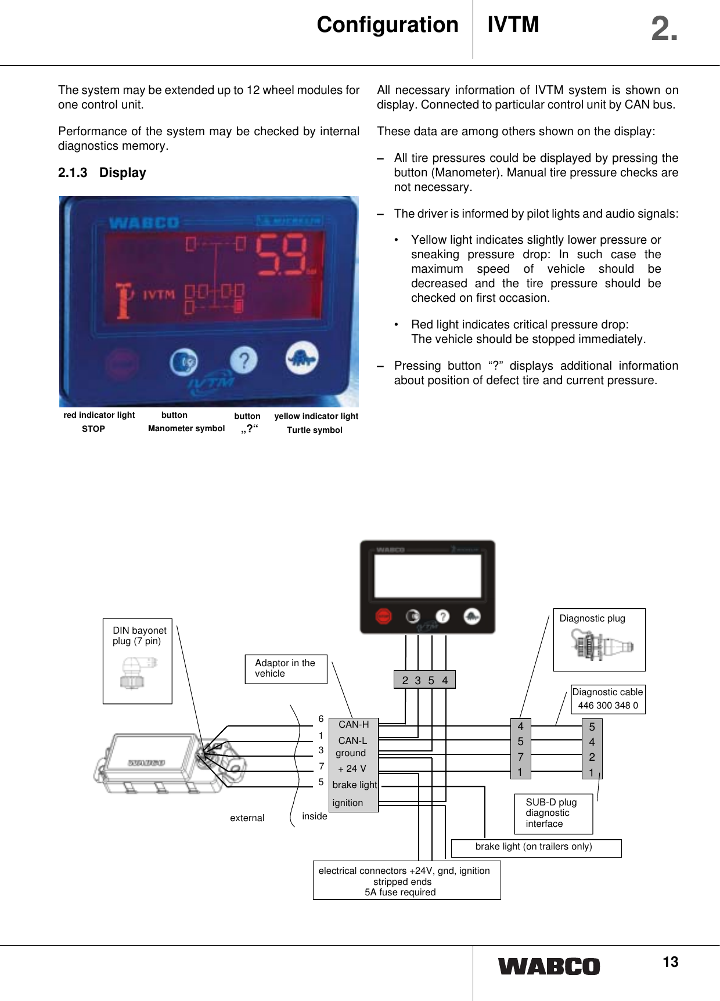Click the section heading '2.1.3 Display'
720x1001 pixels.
coord(102,173)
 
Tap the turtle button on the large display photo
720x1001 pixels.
coord(302,360)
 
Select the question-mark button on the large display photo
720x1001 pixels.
coord(244,360)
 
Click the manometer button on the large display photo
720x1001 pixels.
coord(183,362)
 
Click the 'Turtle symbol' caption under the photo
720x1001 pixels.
coord(315,430)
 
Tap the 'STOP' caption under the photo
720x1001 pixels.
coord(93,429)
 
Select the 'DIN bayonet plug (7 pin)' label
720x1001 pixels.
coord(139,636)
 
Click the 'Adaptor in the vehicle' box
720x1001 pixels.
coord(286,668)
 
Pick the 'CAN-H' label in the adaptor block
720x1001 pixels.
coord(354,725)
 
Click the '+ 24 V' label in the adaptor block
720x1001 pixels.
coord(352,769)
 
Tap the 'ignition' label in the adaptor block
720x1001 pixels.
coord(348,803)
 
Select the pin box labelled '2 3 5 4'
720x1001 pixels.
coord(425,680)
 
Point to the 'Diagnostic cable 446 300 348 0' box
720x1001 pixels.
coord(607,699)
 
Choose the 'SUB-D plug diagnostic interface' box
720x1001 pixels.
coord(553,813)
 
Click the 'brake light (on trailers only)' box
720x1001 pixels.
coord(534,847)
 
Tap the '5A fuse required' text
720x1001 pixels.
coord(400,892)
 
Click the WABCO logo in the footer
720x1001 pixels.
coord(549,967)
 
